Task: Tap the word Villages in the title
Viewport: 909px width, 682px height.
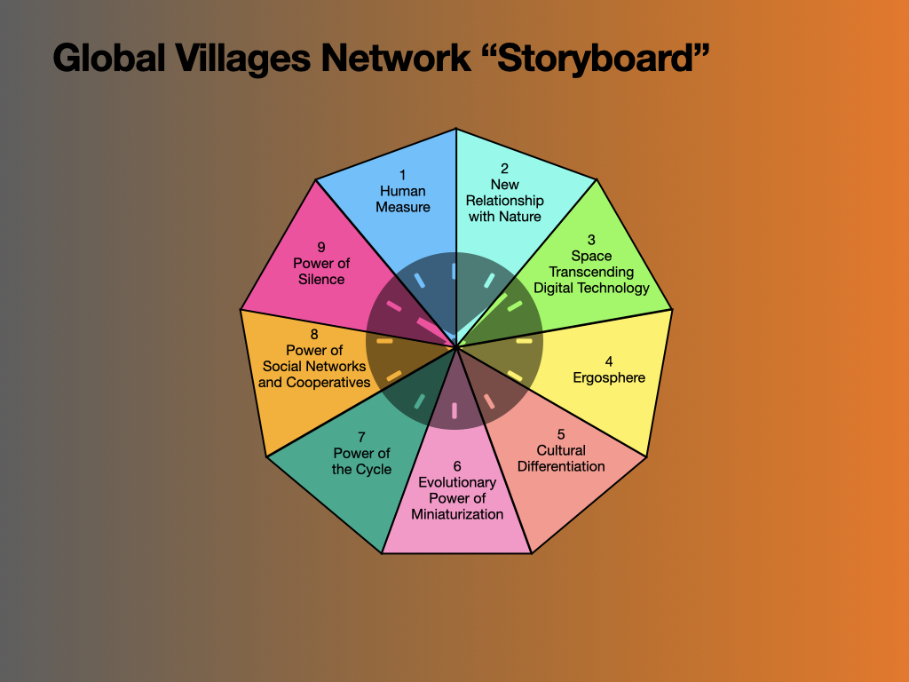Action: (243, 59)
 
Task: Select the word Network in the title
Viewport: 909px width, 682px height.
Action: (396, 58)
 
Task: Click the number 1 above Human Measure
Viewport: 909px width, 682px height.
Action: (403, 175)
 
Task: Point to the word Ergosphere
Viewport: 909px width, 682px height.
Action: (609, 378)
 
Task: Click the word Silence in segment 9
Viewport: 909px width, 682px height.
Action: (321, 280)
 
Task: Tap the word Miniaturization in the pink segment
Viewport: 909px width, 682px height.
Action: (457, 514)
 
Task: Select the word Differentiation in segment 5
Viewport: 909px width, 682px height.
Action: (561, 466)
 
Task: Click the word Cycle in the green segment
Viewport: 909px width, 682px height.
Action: (376, 470)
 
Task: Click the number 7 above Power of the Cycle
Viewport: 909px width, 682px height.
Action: (362, 437)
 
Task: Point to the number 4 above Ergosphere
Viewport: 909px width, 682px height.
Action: (609, 362)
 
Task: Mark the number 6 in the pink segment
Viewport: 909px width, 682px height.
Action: (457, 466)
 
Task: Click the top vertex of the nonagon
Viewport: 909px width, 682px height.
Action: (456, 129)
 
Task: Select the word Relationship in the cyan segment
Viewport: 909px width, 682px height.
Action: (505, 201)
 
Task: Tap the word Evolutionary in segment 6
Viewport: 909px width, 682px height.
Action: (457, 482)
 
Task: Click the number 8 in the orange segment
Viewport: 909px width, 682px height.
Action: (314, 335)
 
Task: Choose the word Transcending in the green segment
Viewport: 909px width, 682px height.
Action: (591, 272)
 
